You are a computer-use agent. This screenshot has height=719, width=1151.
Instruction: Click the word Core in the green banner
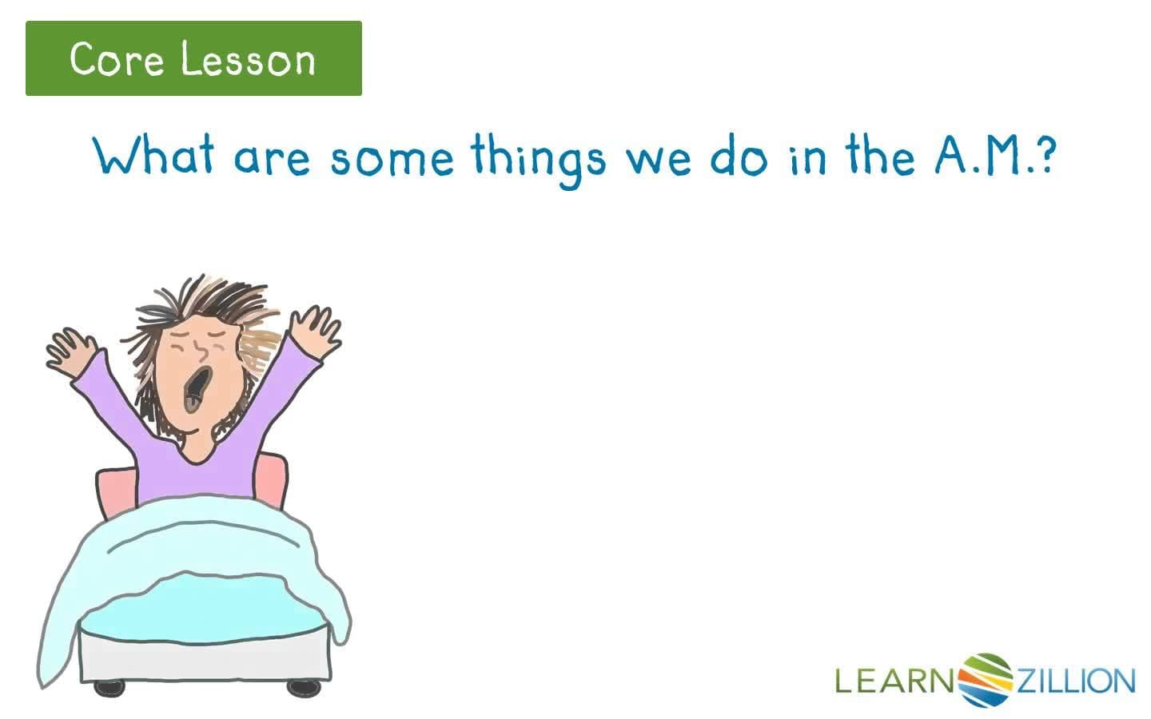click(x=117, y=59)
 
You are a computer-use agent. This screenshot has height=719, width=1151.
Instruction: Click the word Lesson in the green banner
click(x=248, y=60)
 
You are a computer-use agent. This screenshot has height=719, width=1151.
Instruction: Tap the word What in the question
click(x=153, y=154)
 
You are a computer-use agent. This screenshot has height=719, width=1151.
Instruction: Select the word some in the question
click(x=392, y=158)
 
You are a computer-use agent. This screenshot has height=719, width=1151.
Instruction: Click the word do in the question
click(x=739, y=156)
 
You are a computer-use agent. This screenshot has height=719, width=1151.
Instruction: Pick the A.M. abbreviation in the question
click(x=979, y=154)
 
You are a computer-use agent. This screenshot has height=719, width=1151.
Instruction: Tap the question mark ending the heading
click(x=1043, y=154)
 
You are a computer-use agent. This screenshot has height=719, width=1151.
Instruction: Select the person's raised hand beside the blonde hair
click(x=314, y=332)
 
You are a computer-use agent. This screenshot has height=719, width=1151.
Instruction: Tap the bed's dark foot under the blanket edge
click(x=109, y=687)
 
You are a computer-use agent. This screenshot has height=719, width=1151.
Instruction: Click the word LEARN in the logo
click(x=894, y=681)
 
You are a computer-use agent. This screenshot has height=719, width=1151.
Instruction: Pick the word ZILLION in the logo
click(x=1077, y=681)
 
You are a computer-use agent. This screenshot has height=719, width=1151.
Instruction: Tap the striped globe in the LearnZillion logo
click(x=985, y=680)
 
